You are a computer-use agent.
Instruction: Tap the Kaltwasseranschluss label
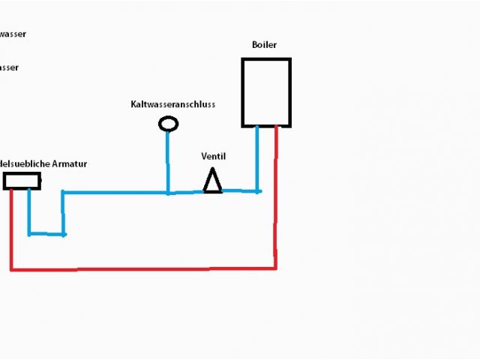point(172,104)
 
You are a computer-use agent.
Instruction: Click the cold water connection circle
point(169,124)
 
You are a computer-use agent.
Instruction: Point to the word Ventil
point(213,156)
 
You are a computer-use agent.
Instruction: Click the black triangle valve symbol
point(213,181)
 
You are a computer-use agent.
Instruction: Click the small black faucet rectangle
point(22,180)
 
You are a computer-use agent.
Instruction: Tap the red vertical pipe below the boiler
point(276,195)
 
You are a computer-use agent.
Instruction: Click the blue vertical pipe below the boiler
point(257,157)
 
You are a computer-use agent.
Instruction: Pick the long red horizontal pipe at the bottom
point(142,268)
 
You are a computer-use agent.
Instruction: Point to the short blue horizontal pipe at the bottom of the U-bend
point(46,234)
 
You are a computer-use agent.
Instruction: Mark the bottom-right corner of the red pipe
point(275,267)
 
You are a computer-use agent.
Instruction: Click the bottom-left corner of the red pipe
point(11,268)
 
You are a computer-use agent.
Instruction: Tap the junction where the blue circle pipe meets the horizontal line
point(168,192)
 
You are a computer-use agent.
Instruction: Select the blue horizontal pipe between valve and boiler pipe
point(240,191)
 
